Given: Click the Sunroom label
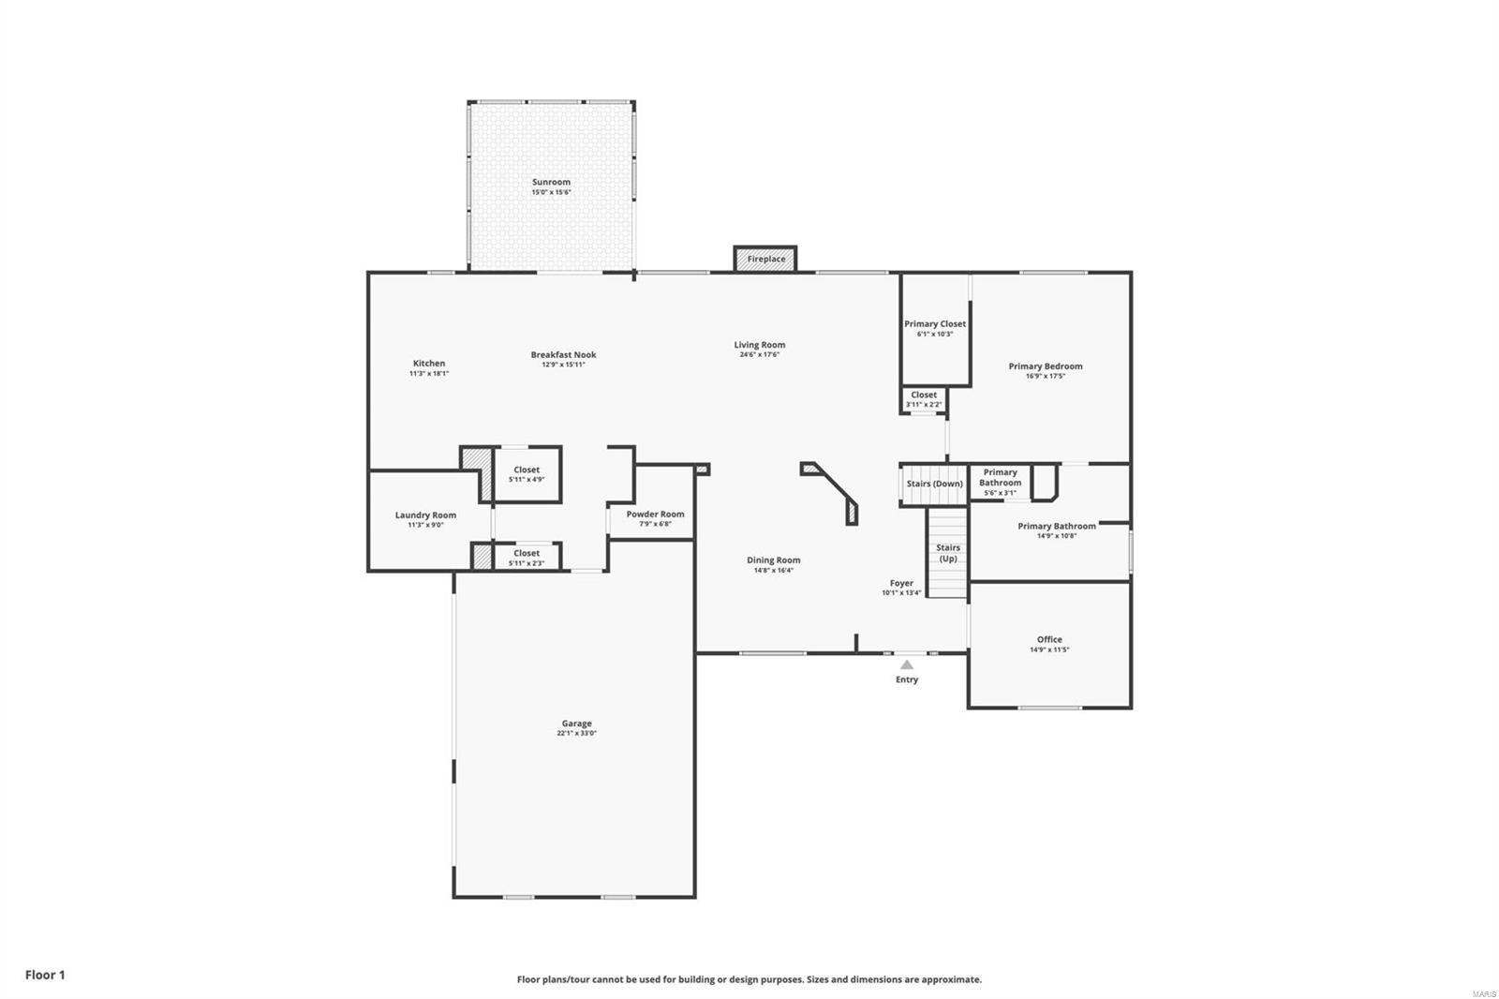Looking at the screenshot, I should [551, 183].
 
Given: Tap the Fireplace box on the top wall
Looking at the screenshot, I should [765, 260].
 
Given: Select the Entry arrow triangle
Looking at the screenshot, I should [906, 664].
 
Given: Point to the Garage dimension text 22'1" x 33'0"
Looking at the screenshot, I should [576, 734].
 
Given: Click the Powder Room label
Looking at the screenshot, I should [655, 514].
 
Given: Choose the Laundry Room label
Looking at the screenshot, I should [425, 515].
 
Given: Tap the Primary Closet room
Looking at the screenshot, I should [934, 328].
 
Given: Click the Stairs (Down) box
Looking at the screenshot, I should [934, 484].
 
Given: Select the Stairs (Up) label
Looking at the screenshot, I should [948, 553].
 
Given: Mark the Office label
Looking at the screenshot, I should [1049, 640].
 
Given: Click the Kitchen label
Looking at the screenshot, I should [429, 364].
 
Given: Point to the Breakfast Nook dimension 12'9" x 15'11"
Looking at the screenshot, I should [563, 365].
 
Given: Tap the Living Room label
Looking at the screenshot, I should [759, 345].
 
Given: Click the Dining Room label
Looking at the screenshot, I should [773, 560].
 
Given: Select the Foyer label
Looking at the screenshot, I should [901, 583].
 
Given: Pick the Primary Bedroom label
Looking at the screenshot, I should [1045, 366].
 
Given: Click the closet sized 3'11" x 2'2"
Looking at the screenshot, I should [924, 399].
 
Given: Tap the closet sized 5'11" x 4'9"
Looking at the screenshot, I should [527, 474].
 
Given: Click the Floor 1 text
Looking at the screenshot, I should [45, 975].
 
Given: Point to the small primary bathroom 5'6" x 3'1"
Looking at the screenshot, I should [1000, 483].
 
